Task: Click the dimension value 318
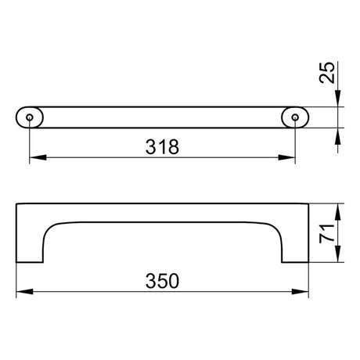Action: [162, 146]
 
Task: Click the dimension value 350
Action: [162, 281]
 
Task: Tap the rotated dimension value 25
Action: [327, 73]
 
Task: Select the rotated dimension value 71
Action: [327, 233]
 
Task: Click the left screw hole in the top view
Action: [30, 117]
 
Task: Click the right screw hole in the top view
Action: [295, 117]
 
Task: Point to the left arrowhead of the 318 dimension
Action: [38, 157]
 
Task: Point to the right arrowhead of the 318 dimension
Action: [286, 157]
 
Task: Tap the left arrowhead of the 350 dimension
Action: [25, 291]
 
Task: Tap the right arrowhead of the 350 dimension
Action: [300, 291]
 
